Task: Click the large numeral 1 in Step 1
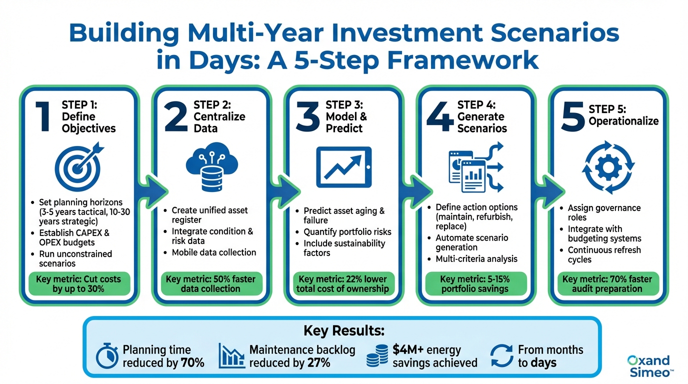[42, 117]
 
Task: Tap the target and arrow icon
[79, 166]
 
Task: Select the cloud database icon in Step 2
[212, 167]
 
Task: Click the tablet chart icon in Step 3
[343, 167]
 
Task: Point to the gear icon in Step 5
[608, 167]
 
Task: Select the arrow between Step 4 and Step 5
[549, 191]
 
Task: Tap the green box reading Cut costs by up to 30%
[78, 284]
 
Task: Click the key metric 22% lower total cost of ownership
[343, 284]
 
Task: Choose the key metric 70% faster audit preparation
[607, 284]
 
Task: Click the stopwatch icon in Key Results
[107, 355]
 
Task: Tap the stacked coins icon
[377, 355]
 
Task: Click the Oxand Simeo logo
[649, 366]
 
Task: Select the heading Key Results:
[344, 331]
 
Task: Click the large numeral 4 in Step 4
[440, 117]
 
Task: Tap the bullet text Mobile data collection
[214, 252]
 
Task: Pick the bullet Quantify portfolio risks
[347, 232]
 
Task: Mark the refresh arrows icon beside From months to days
[501, 355]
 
